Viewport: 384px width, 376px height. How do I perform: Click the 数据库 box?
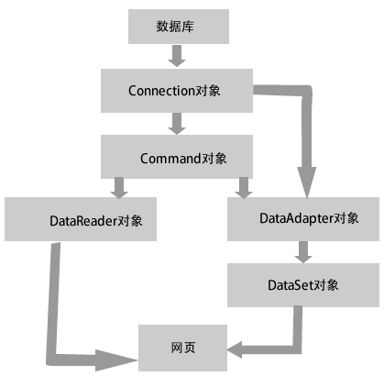pos(179,27)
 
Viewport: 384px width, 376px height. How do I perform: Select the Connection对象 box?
pos(177,91)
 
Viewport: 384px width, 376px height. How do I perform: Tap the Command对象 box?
pos(177,157)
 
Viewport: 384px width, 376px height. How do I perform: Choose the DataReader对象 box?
pos(81,219)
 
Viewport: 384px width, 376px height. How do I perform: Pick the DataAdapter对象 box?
pos(303,219)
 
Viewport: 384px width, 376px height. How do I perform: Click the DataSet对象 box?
pos(303,285)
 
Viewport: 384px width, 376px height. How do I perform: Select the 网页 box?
pos(182,348)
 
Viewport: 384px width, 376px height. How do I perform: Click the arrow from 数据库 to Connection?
pos(177,56)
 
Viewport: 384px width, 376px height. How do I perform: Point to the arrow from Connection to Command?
pos(177,124)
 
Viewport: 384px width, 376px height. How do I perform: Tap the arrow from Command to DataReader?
pos(119,188)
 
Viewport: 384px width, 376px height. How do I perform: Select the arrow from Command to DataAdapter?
pos(244,188)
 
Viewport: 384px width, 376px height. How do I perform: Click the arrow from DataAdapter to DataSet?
pos(303,252)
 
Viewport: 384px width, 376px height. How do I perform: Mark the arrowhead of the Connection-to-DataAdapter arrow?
pos(307,182)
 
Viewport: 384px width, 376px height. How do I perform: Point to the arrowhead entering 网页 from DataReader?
pos(116,360)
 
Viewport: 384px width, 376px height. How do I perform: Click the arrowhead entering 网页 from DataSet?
pos(235,349)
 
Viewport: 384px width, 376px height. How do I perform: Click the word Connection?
pos(161,91)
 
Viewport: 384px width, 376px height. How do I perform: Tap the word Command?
pos(170,159)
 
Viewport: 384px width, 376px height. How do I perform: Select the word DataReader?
pos(83,221)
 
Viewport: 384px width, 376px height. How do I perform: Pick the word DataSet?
pos(291,285)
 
